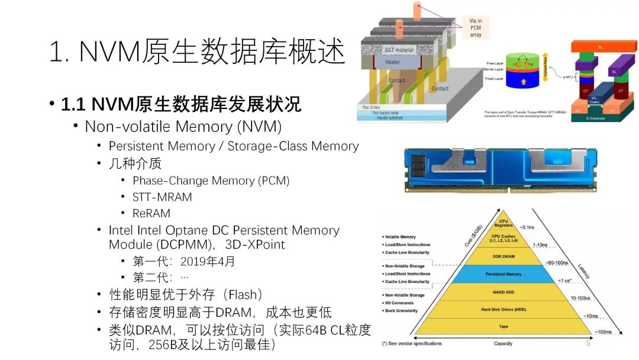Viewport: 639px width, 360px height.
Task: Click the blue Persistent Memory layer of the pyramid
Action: pyautogui.click(x=503, y=274)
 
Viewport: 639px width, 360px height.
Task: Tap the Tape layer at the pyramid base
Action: pyautogui.click(x=503, y=326)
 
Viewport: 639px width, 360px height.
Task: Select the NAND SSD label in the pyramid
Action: pyautogui.click(x=503, y=292)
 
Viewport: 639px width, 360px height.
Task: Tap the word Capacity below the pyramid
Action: pyautogui.click(x=503, y=343)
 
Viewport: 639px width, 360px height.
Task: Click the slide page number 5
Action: pyautogui.click(x=588, y=343)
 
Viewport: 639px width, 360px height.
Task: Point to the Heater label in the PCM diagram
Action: pyautogui.click(x=392, y=62)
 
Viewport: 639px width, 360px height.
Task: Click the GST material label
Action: pyautogui.click(x=399, y=50)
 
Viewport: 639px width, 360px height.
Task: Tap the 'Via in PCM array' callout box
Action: pyautogui.click(x=476, y=28)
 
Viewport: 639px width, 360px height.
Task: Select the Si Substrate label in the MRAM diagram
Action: pyautogui.click(x=599, y=118)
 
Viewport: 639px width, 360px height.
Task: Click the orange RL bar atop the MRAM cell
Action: pyautogui.click(x=600, y=46)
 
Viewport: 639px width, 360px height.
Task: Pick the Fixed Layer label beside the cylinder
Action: pyautogui.click(x=495, y=78)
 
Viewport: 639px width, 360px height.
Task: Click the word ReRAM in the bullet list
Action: pyautogui.click(x=151, y=213)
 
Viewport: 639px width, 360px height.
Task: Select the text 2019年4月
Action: pyautogui.click(x=199, y=261)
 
